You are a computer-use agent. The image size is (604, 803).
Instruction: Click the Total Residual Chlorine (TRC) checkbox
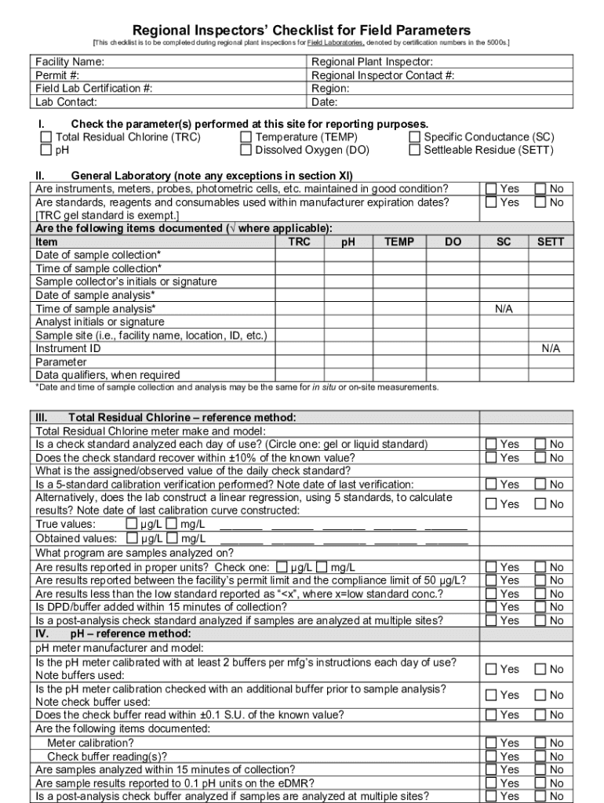46,137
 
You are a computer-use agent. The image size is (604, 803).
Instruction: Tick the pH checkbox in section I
46,150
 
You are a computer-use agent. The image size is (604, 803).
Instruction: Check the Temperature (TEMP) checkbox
246,137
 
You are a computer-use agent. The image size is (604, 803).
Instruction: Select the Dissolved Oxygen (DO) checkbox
246,150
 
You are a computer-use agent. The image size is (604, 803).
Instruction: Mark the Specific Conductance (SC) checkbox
414,137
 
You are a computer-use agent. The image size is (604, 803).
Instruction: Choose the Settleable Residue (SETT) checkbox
414,150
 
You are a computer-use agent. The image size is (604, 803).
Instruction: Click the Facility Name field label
70,61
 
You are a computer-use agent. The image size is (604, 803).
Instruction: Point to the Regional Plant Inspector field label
372,61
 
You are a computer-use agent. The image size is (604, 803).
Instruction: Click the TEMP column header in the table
399,242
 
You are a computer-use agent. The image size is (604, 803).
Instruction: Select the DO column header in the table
453,242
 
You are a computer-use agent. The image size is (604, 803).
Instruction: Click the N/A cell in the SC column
504,309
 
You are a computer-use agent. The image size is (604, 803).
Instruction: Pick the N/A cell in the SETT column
551,349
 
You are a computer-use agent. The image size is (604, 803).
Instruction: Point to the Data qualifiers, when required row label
107,375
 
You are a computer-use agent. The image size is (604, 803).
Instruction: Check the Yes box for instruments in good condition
491,189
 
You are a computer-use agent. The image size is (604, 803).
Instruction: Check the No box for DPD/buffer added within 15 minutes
540,607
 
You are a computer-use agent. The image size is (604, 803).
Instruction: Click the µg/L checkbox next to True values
131,525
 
